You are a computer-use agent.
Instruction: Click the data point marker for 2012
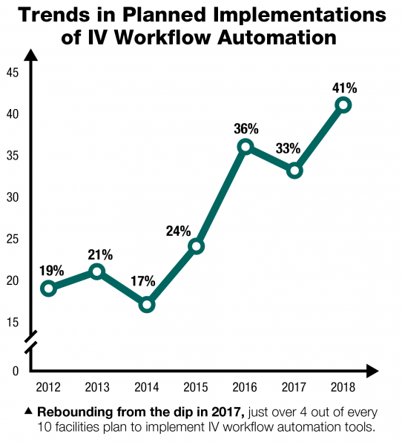coord(49,289)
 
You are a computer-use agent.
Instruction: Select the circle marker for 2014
coord(147,304)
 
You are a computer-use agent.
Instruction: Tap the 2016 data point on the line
coord(246,147)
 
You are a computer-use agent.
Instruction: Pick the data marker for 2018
coord(343,105)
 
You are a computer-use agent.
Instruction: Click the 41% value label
coord(343,88)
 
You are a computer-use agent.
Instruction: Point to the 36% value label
coord(246,128)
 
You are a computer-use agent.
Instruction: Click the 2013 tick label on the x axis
coord(97,387)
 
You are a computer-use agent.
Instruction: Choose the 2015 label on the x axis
coord(196,387)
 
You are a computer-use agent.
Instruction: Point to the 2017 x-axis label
coord(294,387)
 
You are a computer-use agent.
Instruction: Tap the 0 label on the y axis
coord(13,370)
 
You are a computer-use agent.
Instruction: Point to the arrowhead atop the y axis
coord(30,54)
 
